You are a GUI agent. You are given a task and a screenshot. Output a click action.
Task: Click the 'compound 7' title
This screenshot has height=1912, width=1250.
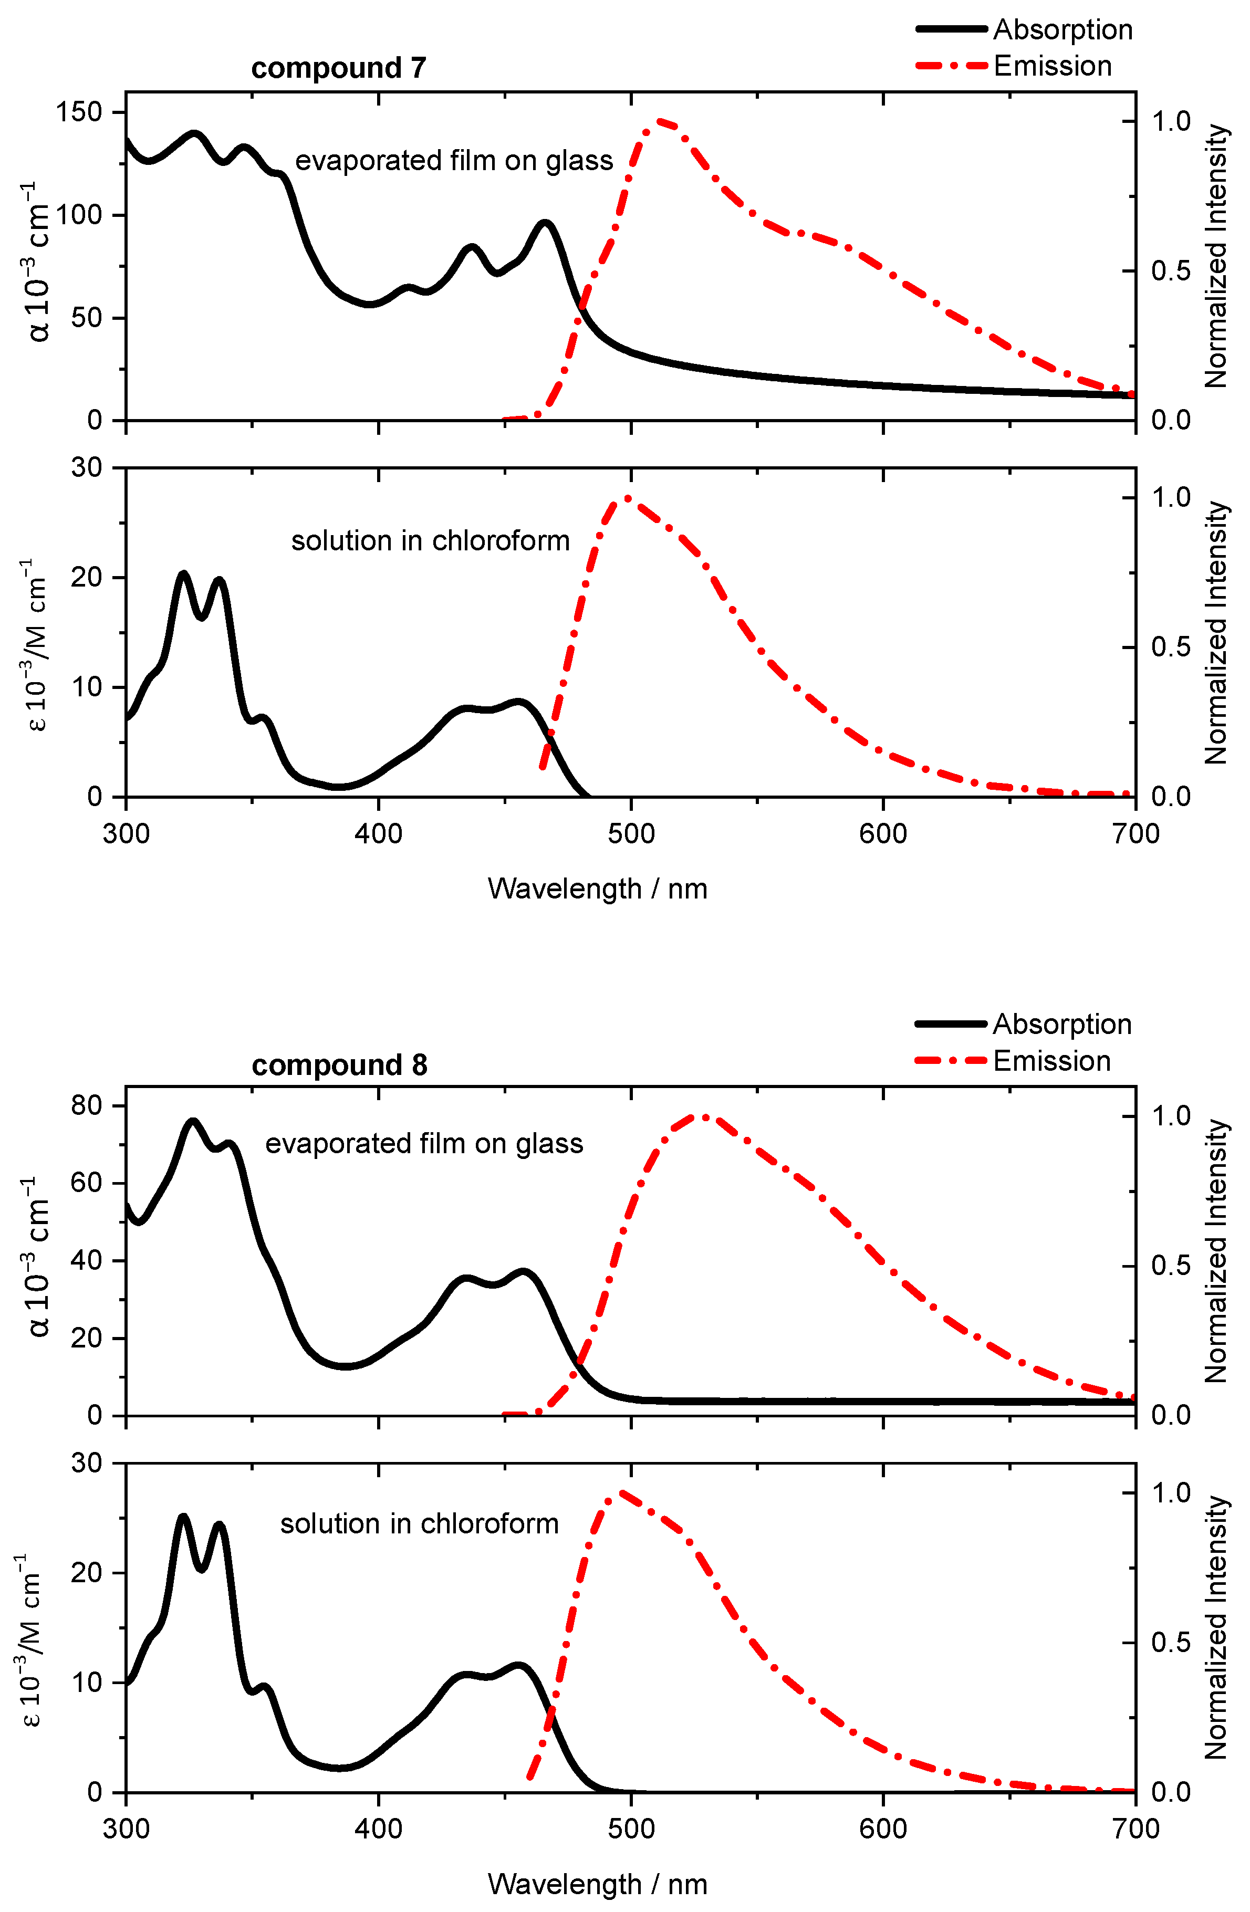pyautogui.click(x=338, y=68)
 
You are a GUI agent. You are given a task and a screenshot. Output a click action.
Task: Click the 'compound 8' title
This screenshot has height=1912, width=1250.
pyautogui.click(x=339, y=1065)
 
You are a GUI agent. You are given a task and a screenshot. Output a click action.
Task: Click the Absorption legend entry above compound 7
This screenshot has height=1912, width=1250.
pyautogui.click(x=1024, y=30)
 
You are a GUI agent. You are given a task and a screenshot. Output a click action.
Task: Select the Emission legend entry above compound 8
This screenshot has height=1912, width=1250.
pyautogui.click(x=1013, y=1061)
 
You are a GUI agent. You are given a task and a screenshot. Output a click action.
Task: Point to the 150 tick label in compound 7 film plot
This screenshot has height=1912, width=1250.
pyautogui.click(x=79, y=112)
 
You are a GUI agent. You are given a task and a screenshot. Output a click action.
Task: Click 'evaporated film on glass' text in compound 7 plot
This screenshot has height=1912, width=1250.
pyautogui.click(x=454, y=161)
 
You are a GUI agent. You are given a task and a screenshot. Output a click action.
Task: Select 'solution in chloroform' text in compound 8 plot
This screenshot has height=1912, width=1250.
pyautogui.click(x=419, y=1524)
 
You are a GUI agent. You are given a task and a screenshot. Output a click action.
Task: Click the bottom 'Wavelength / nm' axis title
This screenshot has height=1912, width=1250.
pyautogui.click(x=597, y=1884)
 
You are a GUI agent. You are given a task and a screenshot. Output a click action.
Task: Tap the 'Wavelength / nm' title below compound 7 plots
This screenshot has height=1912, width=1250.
pyautogui.click(x=597, y=890)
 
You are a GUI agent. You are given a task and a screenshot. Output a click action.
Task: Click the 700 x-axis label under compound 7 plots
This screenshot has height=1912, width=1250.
pyautogui.click(x=1135, y=834)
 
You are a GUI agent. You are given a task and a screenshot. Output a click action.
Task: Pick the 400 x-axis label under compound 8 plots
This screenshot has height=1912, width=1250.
pyautogui.click(x=378, y=1829)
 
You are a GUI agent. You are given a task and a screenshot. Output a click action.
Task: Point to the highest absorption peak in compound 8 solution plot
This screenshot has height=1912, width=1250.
pyautogui.click(x=183, y=1516)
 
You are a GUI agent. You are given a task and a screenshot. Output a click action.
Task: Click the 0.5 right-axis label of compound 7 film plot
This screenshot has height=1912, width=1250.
pyautogui.click(x=1171, y=271)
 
